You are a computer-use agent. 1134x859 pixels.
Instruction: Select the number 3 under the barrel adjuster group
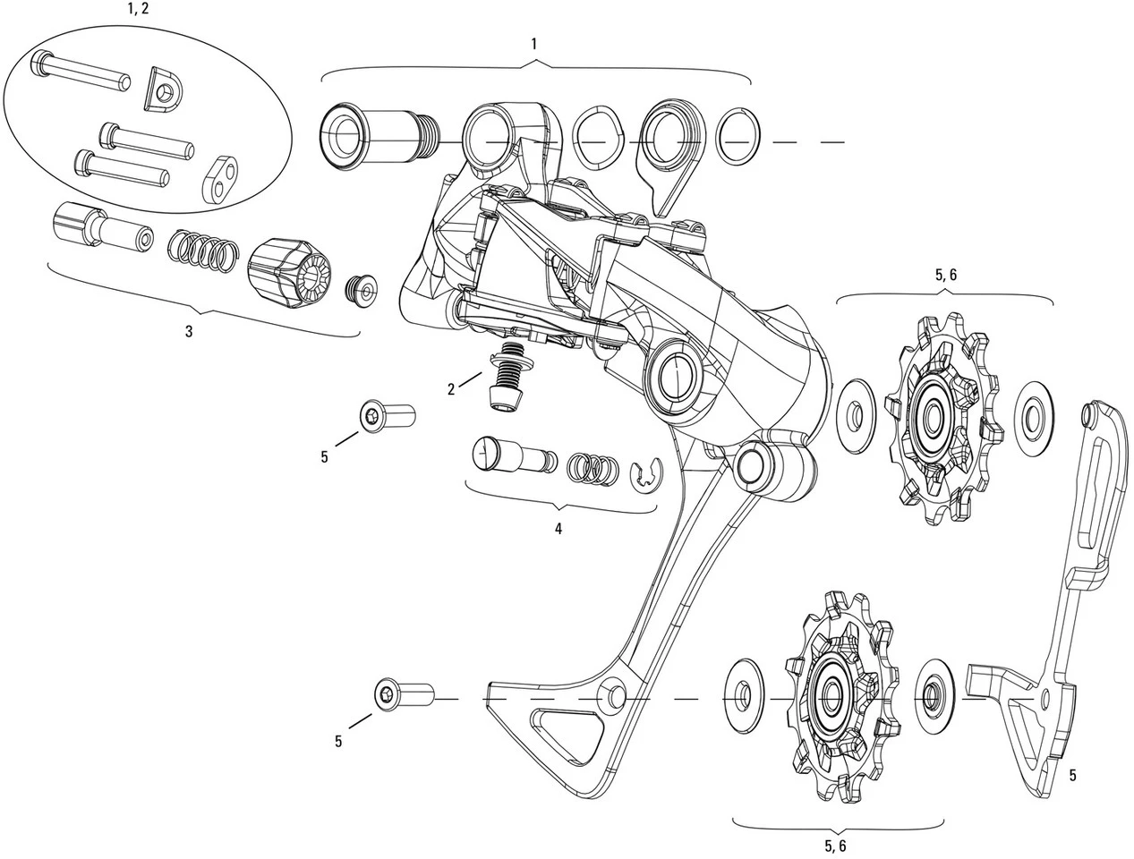189,331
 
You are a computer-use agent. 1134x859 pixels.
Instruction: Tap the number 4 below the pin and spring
558,529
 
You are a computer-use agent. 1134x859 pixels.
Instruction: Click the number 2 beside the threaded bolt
452,388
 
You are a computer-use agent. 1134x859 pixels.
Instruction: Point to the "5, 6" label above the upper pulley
945,276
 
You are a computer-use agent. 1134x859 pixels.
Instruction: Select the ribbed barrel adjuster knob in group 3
286,272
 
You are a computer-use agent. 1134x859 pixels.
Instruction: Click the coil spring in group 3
202,250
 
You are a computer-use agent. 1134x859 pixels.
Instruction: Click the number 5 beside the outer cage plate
1072,775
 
